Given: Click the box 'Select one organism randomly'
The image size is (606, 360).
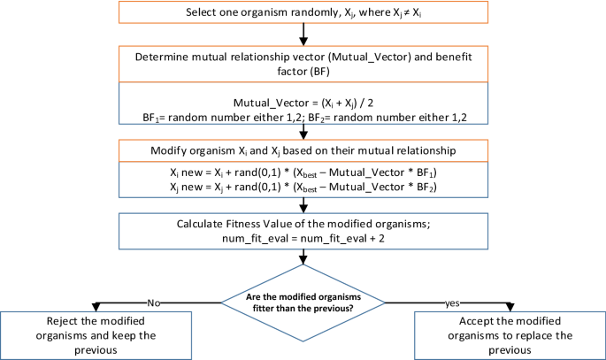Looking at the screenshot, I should point(303,12).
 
